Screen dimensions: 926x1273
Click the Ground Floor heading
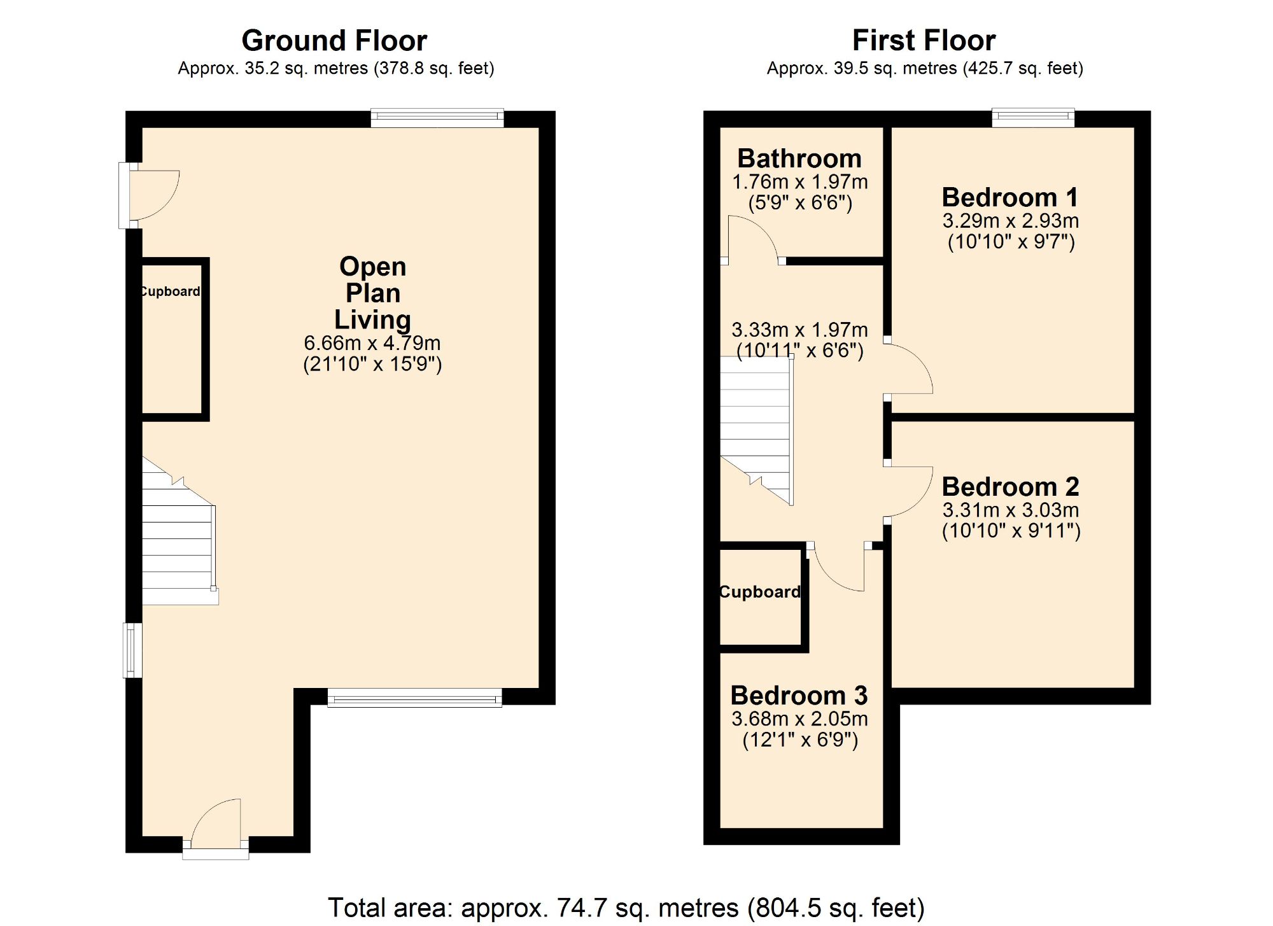pyautogui.click(x=334, y=41)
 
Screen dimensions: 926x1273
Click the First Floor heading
pyautogui.click(x=924, y=41)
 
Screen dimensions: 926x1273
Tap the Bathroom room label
pyautogui.click(x=799, y=158)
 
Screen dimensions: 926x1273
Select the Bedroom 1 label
pyautogui.click(x=1010, y=197)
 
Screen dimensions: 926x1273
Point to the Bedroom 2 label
pyautogui.click(x=1010, y=487)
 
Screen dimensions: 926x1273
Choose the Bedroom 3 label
pyautogui.click(x=799, y=696)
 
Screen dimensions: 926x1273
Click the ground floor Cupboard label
pyautogui.click(x=170, y=291)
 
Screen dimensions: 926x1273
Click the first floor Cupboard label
pyautogui.click(x=760, y=592)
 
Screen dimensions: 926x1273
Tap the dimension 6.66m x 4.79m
pyautogui.click(x=372, y=343)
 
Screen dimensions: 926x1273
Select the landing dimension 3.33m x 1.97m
pyautogui.click(x=799, y=330)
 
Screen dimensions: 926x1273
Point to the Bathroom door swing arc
pyautogui.click(x=751, y=239)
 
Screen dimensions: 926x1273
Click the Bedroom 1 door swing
pyautogui.click(x=909, y=369)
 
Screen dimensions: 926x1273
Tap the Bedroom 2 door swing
pyautogui.click(x=909, y=491)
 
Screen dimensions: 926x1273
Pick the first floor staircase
pyautogui.click(x=756, y=426)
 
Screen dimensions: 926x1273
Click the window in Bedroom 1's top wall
pyautogui.click(x=1033, y=117)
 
